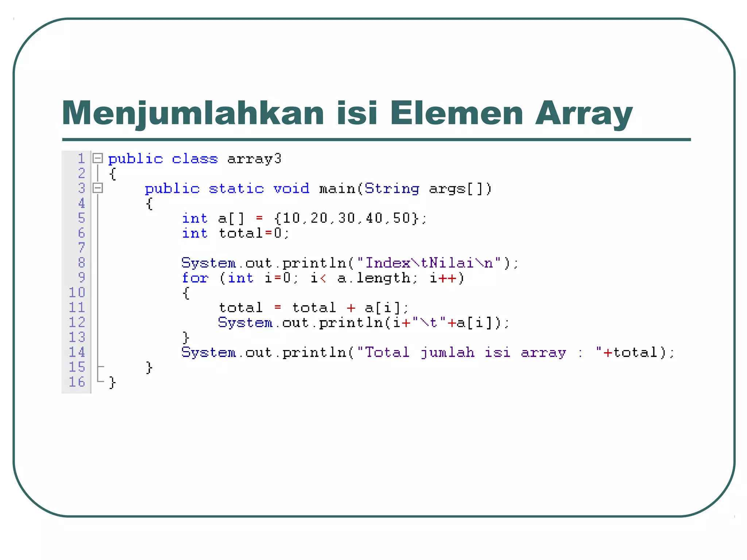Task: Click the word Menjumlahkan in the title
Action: click(x=193, y=113)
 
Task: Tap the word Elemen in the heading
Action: click(x=457, y=113)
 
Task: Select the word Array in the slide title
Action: click(x=584, y=113)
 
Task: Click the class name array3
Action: click(x=254, y=159)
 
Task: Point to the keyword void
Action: click(x=291, y=189)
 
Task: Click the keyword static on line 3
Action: click(x=236, y=189)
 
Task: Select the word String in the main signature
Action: click(x=392, y=189)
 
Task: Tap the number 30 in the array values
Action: click(x=346, y=218)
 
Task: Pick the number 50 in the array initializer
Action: click(x=401, y=218)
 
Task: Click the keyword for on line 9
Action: click(x=195, y=278)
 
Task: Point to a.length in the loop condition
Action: click(x=373, y=278)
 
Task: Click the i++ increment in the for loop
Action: click(x=443, y=278)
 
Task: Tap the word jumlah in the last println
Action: click(x=447, y=353)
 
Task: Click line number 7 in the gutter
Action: click(x=81, y=248)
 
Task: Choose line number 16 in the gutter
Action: click(x=77, y=382)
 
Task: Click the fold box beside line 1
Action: click(x=97, y=158)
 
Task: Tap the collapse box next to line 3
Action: click(x=97, y=188)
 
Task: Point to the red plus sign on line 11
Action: click(x=351, y=308)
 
